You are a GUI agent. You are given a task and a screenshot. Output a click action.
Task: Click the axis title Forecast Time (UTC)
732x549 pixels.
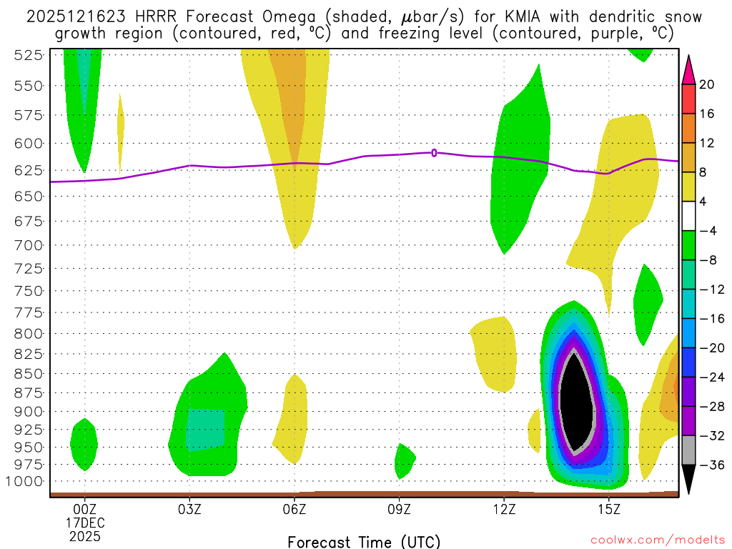coord(364,541)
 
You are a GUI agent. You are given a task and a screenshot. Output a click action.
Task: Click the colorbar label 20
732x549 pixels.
coord(707,84)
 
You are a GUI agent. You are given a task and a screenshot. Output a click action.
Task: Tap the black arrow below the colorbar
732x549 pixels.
coord(688,480)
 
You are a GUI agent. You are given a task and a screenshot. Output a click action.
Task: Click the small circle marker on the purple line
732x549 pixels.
coord(434,152)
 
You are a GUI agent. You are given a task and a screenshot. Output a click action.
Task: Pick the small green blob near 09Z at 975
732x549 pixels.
coord(404,460)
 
